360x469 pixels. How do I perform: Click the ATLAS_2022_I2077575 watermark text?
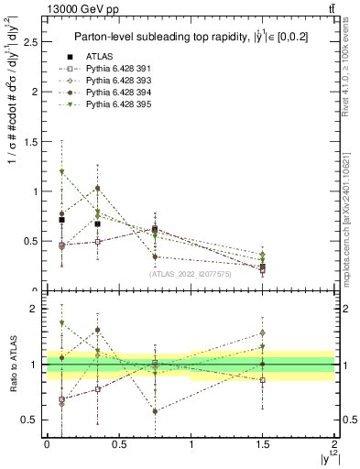[x=189, y=273]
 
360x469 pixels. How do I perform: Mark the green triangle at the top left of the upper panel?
[x=61, y=172]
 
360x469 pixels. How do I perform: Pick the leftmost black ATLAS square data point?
[x=61, y=220]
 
